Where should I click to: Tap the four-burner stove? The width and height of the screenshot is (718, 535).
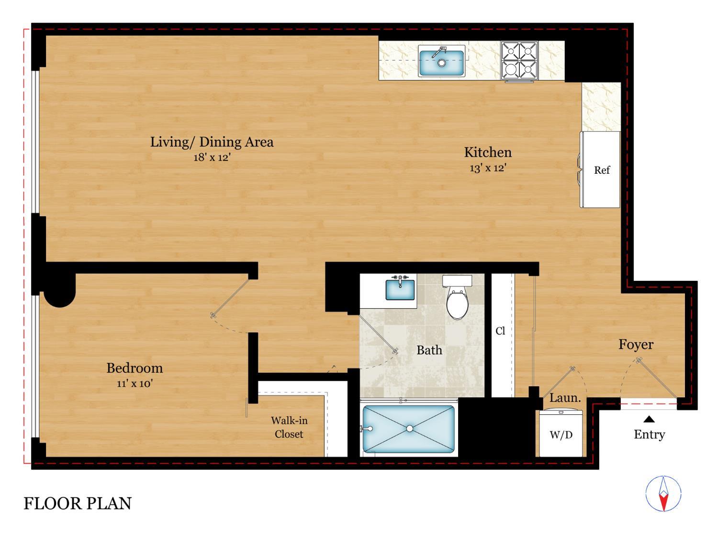point(519,60)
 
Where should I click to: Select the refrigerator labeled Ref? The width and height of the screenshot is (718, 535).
point(601,170)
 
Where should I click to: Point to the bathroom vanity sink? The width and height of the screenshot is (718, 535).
point(400,289)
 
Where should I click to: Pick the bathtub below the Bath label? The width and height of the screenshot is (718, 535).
point(409,429)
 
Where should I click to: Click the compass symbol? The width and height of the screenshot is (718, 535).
point(663,494)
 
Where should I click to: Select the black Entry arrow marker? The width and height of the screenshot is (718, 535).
point(649,420)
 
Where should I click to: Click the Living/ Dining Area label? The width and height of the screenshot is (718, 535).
point(212,142)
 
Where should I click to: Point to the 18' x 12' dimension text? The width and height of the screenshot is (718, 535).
point(212,157)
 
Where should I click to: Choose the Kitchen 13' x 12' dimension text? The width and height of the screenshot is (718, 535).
point(488,168)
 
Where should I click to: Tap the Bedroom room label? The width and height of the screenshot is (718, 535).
point(135,368)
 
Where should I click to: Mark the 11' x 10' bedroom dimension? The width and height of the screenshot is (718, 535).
point(135,383)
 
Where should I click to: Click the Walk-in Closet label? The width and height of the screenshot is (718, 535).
point(289,427)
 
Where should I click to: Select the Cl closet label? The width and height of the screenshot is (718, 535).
point(500,331)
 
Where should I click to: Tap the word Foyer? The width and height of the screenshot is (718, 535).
point(636,345)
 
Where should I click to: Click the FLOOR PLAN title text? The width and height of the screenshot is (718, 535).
point(78,503)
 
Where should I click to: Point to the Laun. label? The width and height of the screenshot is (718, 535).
point(565,398)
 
